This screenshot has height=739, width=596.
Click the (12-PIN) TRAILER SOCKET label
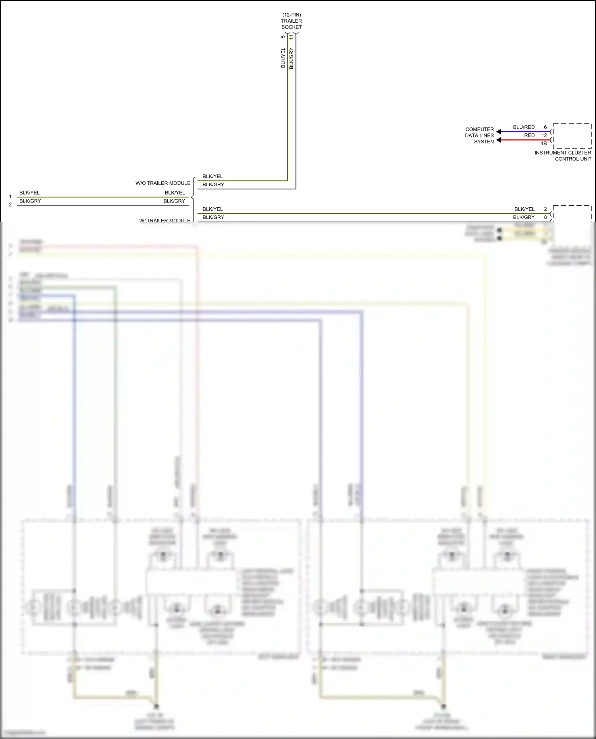292,21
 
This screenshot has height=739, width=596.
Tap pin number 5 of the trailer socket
283,37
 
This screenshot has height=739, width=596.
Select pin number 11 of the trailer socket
291,37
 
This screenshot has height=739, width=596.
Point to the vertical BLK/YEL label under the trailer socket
283,58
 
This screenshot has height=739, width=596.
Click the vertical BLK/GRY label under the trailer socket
291,58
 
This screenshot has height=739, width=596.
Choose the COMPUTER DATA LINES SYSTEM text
480,135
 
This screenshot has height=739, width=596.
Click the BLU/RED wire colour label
524,127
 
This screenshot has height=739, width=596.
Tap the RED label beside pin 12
529,135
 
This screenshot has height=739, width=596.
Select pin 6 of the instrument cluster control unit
546,127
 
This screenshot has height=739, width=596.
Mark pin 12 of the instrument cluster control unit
544,135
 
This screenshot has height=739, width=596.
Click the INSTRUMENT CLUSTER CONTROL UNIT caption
563,156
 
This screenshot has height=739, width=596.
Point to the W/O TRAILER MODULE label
163,183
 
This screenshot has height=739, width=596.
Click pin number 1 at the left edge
10,197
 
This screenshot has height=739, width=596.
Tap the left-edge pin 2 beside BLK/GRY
10,205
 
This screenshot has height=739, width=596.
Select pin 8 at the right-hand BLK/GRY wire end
546,217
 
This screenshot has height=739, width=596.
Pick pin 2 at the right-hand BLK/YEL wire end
546,209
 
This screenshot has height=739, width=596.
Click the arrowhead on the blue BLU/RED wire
499,131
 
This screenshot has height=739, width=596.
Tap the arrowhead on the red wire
499,140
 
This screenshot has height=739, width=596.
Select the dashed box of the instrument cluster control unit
572,136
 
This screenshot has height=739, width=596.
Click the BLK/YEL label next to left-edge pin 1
29,193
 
